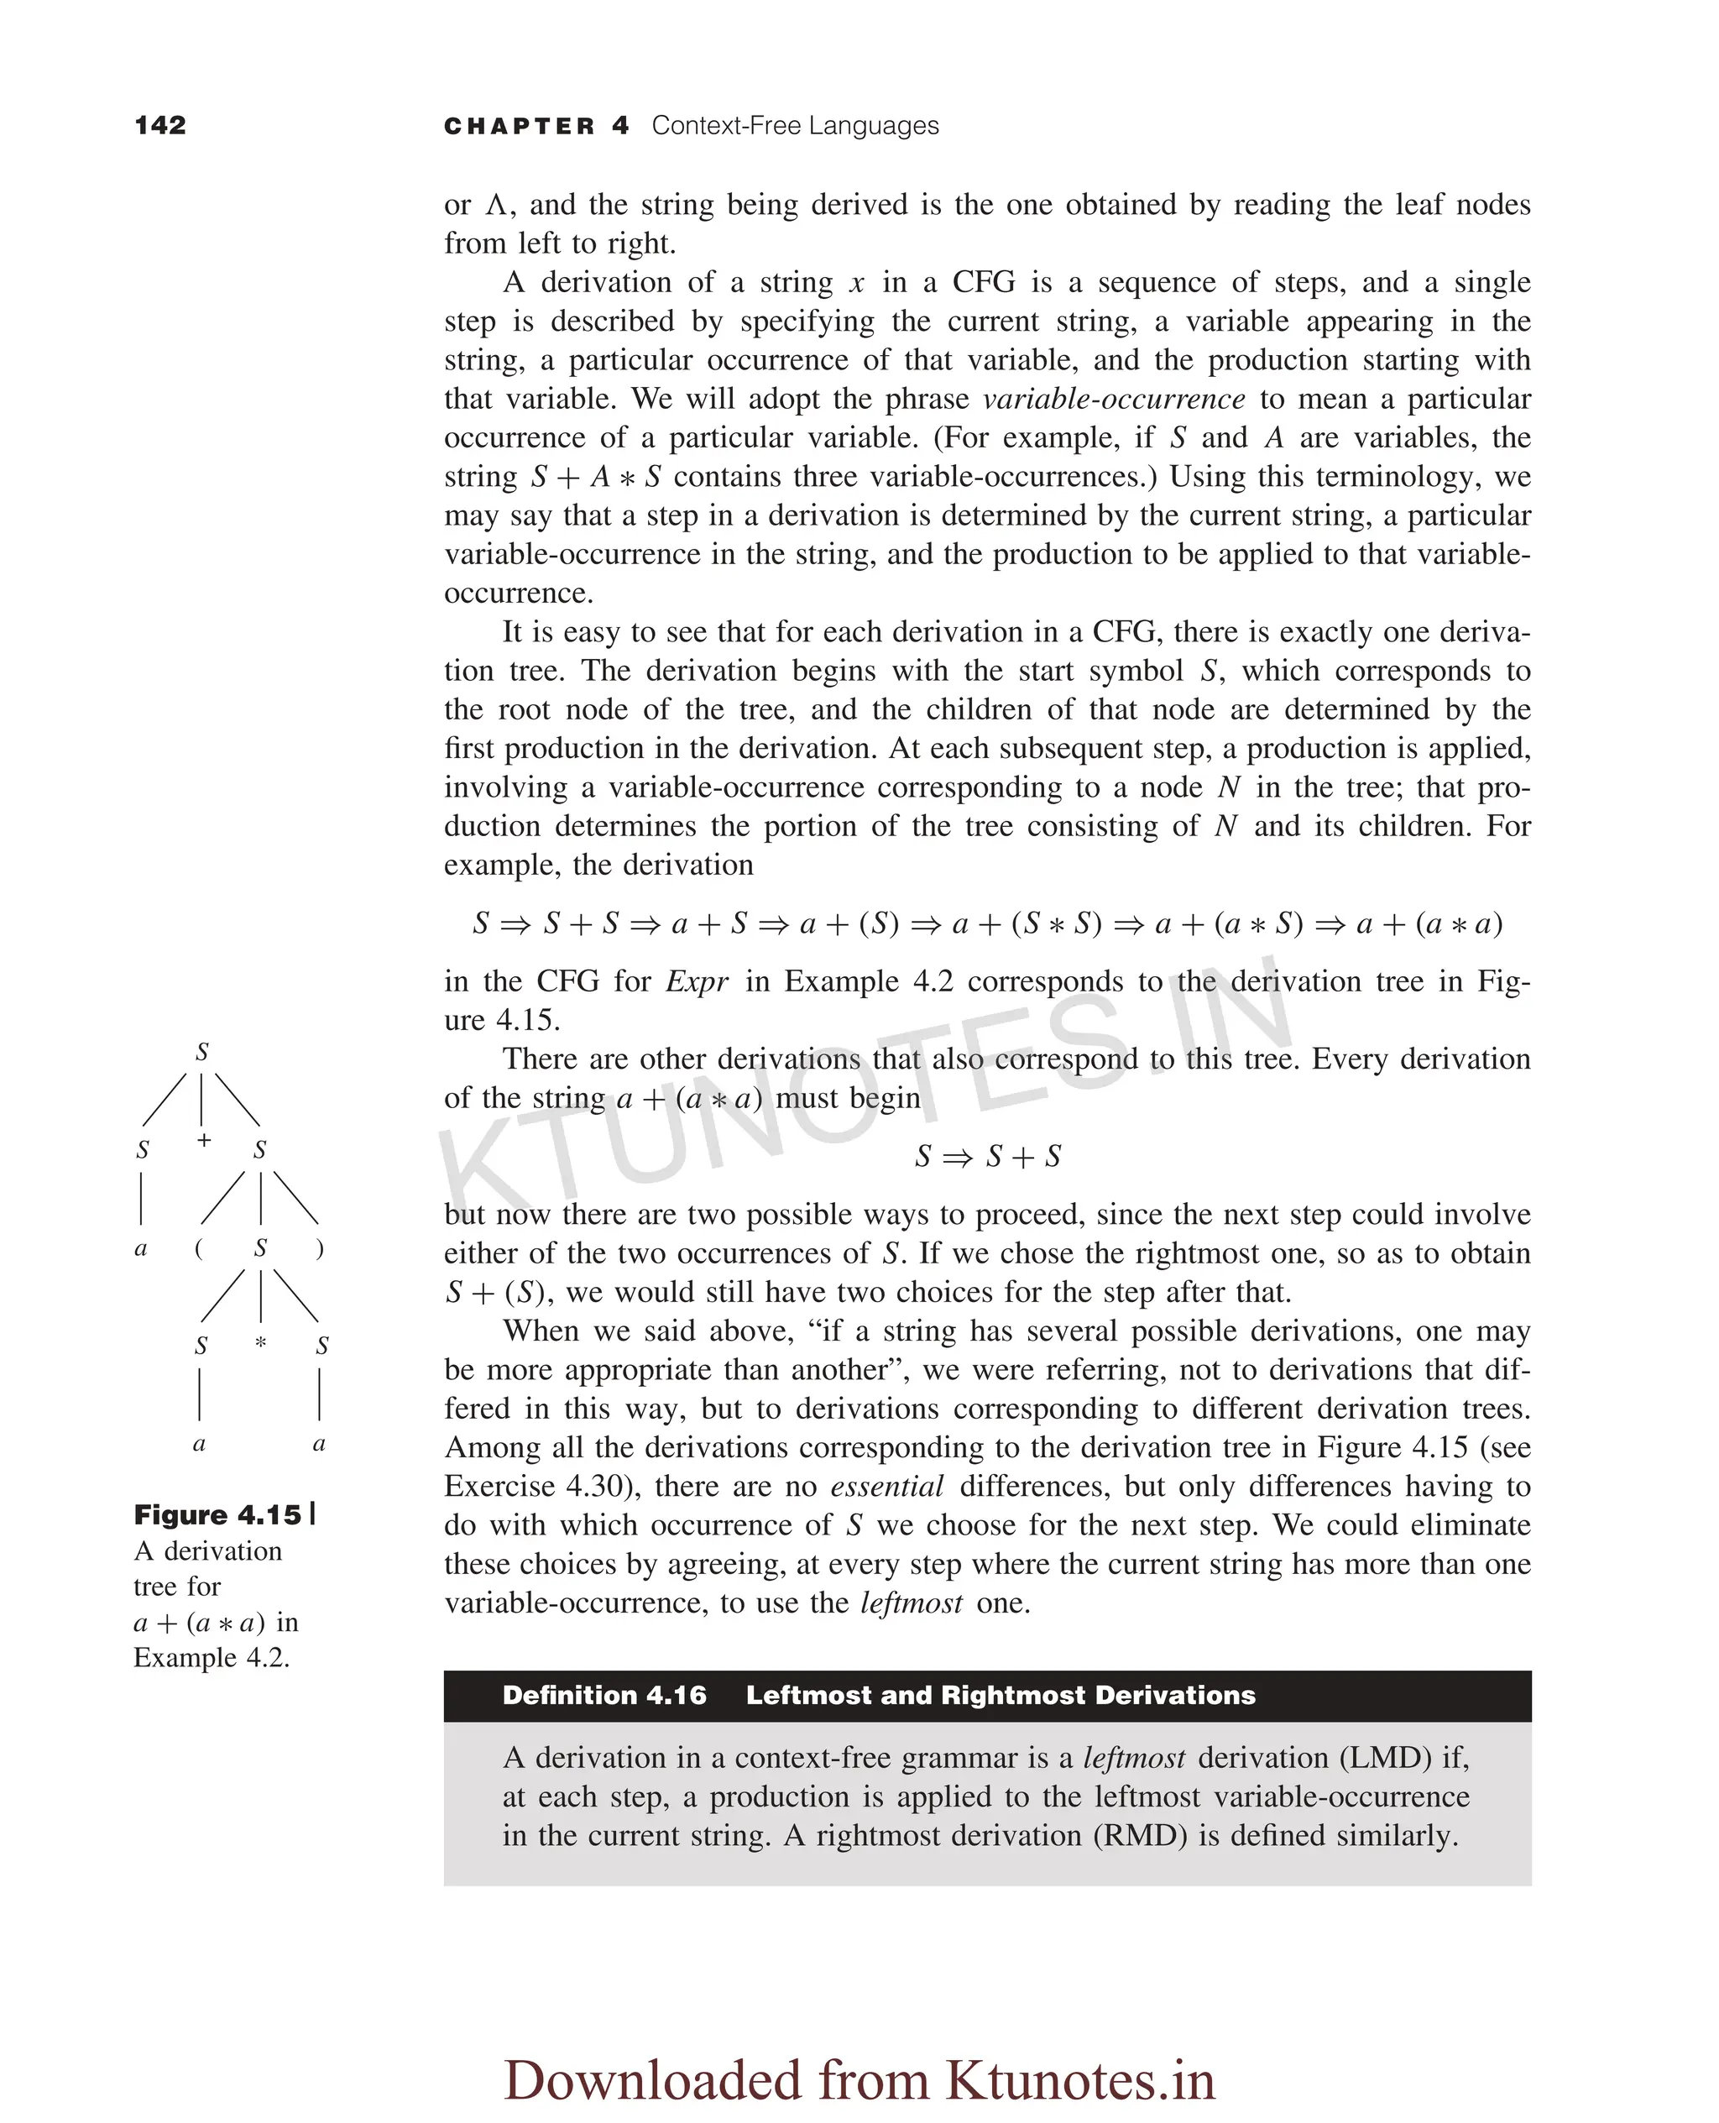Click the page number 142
[x=160, y=125]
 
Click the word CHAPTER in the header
[x=519, y=126]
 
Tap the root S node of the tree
[x=202, y=1052]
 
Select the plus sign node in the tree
[x=203, y=1140]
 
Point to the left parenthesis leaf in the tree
[x=199, y=1247]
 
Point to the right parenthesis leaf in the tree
[x=319, y=1247]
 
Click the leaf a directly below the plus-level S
[x=141, y=1247]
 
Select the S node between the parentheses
[x=260, y=1247]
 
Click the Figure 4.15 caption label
[x=218, y=1515]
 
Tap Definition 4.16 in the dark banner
[x=604, y=1695]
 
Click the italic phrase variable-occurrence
[x=1114, y=399]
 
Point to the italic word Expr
[x=698, y=981]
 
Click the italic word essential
[x=886, y=1487]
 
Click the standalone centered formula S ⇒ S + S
[x=987, y=1156]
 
